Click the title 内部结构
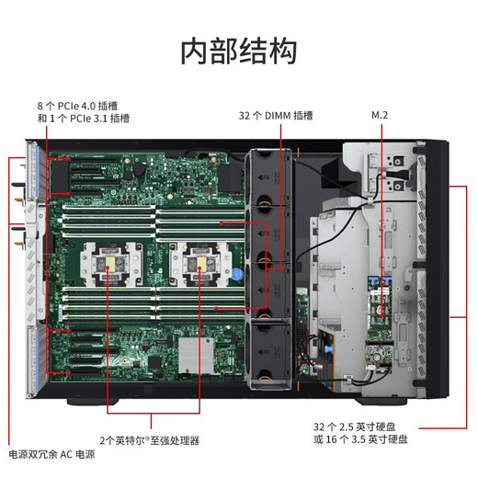click(x=238, y=51)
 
